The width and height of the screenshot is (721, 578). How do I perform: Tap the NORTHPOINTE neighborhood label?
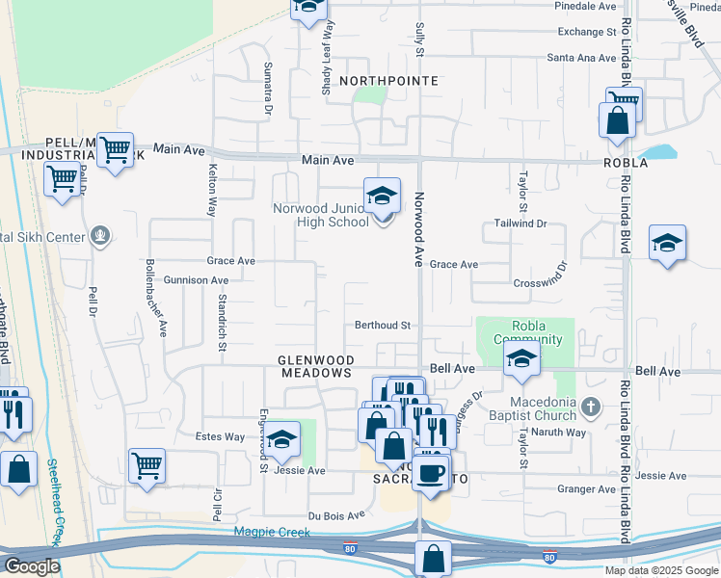point(388,81)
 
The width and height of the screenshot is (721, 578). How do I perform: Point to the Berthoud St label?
point(383,326)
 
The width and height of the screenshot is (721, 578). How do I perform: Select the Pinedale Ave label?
point(585,6)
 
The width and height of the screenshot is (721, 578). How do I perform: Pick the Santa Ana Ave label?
point(580,58)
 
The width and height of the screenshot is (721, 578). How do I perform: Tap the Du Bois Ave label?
point(336,515)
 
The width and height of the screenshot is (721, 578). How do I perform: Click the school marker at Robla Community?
point(521,359)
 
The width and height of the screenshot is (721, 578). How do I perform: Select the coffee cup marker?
point(432,472)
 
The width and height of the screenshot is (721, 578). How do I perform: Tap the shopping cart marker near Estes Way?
point(147,465)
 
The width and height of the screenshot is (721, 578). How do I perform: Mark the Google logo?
point(31,566)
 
